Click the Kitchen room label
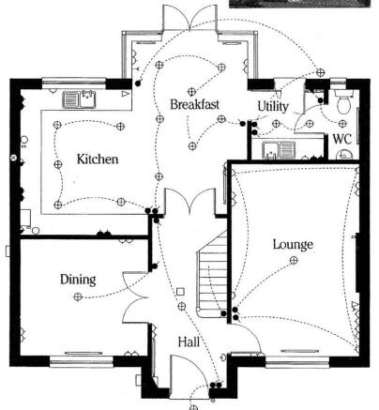98,159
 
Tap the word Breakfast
194,104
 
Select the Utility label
273,106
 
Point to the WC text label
341,139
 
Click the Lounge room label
293,245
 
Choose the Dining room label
78,280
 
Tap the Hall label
189,342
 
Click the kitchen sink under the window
79,99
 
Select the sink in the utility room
279,150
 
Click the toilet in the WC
343,101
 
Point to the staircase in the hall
213,274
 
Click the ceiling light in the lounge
294,260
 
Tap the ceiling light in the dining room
78,296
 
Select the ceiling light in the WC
342,124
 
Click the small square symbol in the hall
180,292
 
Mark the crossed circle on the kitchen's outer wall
14,158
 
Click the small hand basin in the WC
344,155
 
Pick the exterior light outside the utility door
320,72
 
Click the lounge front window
297,362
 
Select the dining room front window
82,361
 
